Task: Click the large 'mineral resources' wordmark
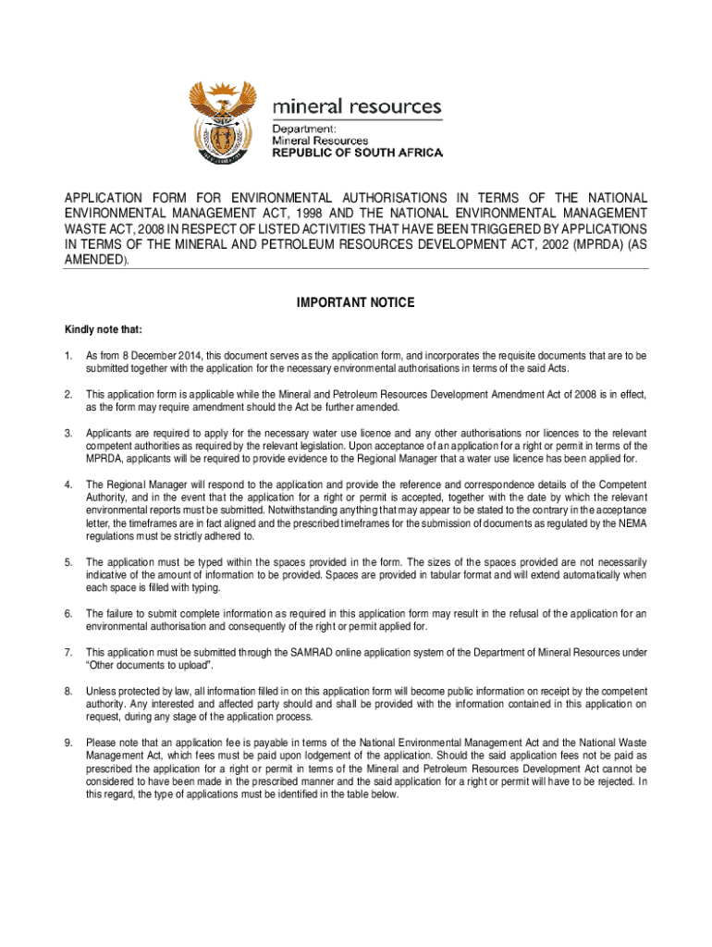click(x=356, y=106)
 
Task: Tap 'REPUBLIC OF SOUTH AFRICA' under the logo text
click(x=357, y=153)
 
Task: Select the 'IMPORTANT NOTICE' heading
click(x=356, y=303)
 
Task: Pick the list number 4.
click(x=68, y=485)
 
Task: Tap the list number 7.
click(x=68, y=652)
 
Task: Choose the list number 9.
click(x=68, y=743)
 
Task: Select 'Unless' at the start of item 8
click(x=100, y=691)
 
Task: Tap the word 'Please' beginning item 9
click(x=101, y=743)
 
